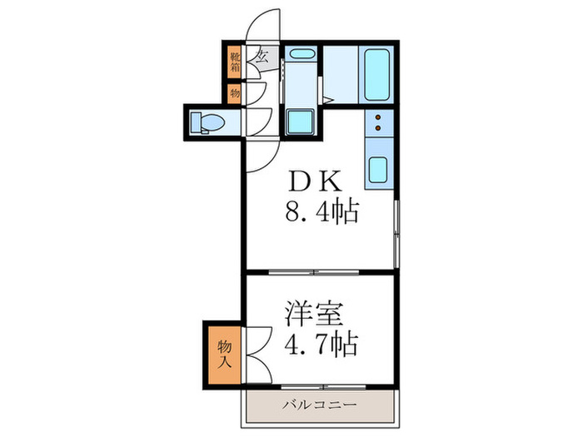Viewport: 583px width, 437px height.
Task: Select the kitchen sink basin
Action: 377,171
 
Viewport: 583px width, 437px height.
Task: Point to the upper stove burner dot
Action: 377,119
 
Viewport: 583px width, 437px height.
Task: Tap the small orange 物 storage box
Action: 235,93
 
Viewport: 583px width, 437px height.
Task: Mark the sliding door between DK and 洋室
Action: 318,272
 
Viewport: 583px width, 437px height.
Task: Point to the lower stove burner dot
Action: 377,130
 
